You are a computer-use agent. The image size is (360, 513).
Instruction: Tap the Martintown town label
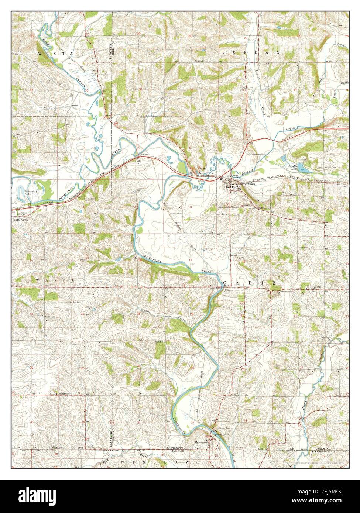(x=202, y=441)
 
